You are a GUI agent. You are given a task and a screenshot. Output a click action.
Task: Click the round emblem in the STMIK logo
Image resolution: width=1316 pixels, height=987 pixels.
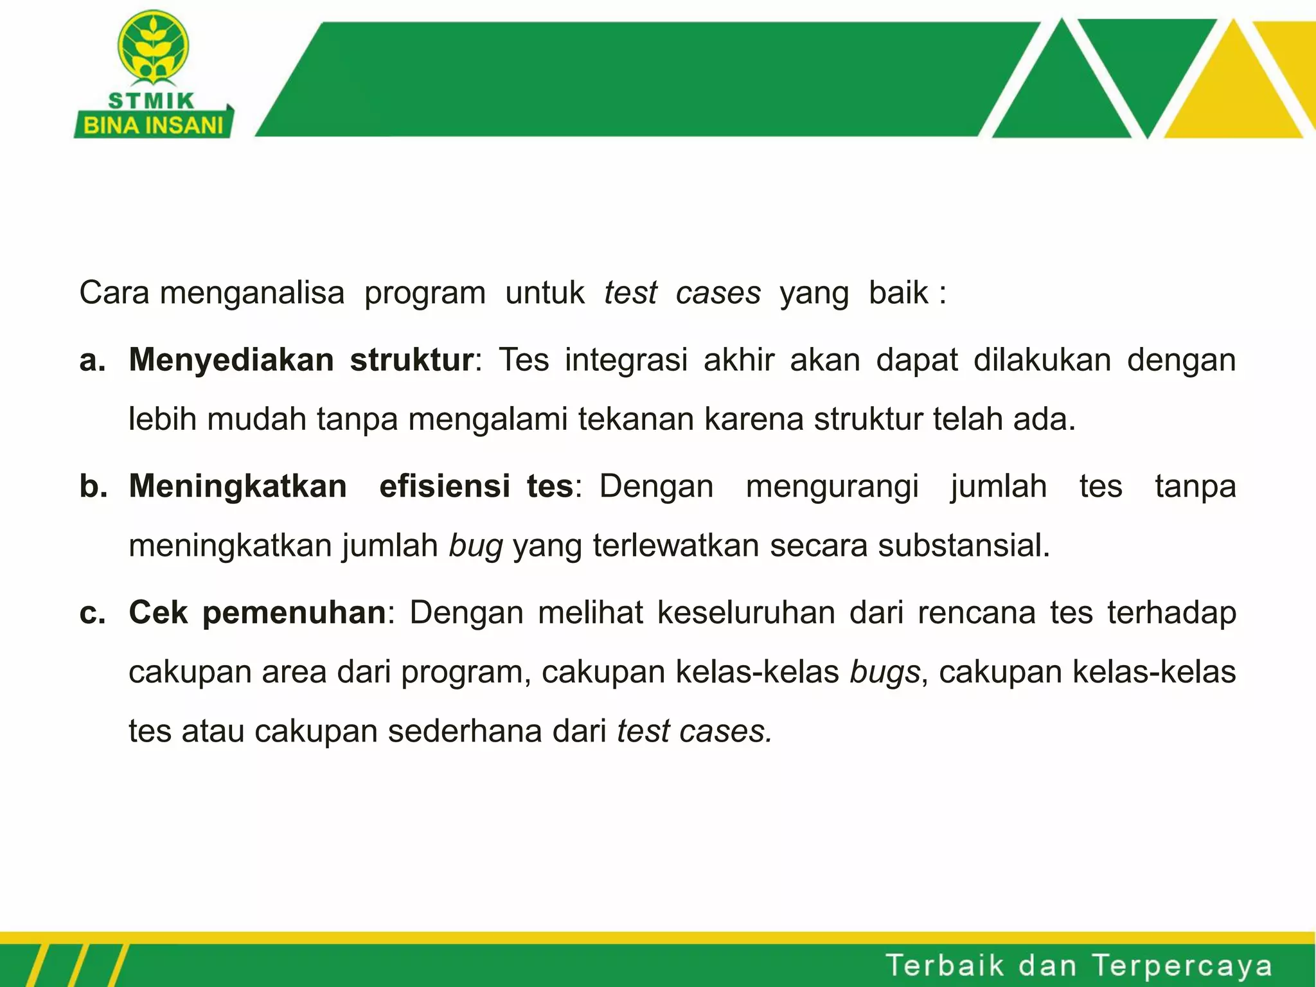tap(153, 47)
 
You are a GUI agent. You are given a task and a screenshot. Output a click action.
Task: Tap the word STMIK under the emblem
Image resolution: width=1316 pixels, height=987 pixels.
tap(152, 101)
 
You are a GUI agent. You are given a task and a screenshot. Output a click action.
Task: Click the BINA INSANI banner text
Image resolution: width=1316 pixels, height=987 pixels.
tap(153, 125)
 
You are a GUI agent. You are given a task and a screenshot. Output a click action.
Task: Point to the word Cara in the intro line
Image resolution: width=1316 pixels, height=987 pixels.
tap(114, 293)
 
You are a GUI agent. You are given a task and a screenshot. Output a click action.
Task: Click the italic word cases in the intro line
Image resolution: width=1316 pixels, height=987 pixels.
tap(718, 293)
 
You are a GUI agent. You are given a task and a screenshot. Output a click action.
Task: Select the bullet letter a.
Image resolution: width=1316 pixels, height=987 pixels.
tap(93, 360)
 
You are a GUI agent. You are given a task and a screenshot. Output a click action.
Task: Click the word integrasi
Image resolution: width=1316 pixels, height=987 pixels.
tap(627, 360)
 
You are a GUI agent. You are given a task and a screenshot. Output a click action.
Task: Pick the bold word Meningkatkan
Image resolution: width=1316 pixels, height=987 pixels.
tap(238, 486)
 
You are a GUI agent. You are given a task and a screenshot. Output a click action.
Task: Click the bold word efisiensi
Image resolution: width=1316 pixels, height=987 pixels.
tap(445, 486)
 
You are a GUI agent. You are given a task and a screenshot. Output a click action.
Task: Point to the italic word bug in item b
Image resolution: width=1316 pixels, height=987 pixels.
tap(476, 546)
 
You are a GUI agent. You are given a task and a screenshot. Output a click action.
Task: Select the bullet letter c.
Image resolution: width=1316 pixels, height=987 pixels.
tap(93, 612)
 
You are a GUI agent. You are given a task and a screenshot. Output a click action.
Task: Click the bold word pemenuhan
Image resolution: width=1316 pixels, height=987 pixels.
tap(294, 612)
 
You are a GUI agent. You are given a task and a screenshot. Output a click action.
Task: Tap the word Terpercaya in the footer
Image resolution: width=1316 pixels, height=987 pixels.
tap(1182, 966)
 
